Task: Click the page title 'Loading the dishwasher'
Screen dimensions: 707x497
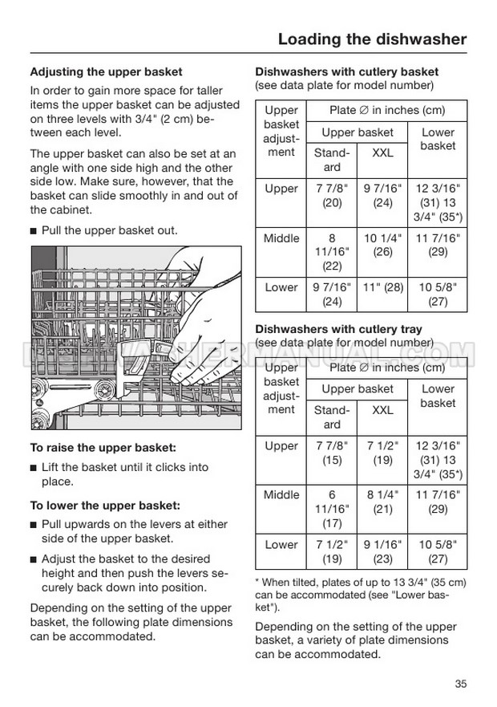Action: pyautogui.click(x=372, y=39)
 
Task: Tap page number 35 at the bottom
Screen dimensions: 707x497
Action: pyautogui.click(x=460, y=684)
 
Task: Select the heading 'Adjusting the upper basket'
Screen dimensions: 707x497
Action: pyautogui.click(x=106, y=72)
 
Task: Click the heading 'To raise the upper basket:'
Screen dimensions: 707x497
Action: pyautogui.click(x=103, y=447)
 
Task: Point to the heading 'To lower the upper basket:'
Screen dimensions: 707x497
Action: pyautogui.click(x=105, y=506)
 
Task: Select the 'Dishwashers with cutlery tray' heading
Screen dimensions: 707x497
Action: pyautogui.click(x=337, y=329)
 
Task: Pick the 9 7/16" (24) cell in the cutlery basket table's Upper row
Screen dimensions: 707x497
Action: pyautogui.click(x=383, y=196)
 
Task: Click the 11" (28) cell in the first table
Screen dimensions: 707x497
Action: pyautogui.click(x=383, y=286)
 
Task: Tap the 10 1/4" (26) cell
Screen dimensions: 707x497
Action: pyautogui.click(x=383, y=245)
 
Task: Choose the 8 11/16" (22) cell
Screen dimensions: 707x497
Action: pyautogui.click(x=332, y=252)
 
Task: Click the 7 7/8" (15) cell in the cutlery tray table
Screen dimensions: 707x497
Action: pyautogui.click(x=332, y=453)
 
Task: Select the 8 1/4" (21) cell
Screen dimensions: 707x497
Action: pyautogui.click(x=383, y=502)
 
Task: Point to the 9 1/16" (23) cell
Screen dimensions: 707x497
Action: pyautogui.click(x=383, y=551)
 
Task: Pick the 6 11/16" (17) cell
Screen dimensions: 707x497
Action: pyautogui.click(x=332, y=509)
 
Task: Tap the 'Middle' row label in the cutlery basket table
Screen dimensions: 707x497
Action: pyautogui.click(x=281, y=238)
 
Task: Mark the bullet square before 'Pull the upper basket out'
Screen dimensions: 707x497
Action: pyautogui.click(x=34, y=231)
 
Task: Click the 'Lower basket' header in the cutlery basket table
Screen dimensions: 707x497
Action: pyautogui.click(x=438, y=139)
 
